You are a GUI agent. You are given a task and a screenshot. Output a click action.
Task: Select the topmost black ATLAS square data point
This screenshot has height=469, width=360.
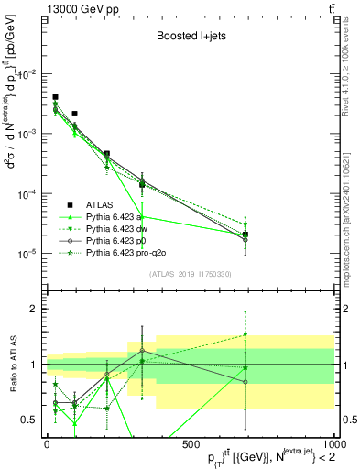(55, 96)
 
